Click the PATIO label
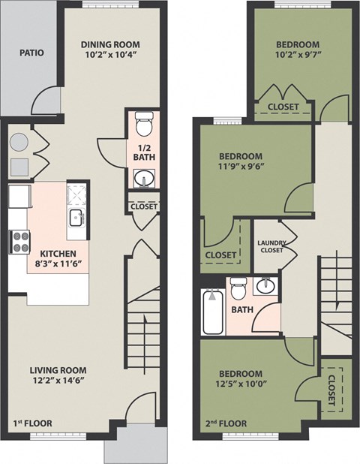pos(31,53)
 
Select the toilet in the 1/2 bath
pos(143,120)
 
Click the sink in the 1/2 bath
pos(143,179)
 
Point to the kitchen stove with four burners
pos(19,242)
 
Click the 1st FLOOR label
pos(33,423)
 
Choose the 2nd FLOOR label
pos(225,423)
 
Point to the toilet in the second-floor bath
pos(238,286)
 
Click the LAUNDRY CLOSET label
pos(270,246)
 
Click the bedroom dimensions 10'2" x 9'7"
pos(296,55)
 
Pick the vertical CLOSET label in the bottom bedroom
pos(331,388)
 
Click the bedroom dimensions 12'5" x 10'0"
pos(240,385)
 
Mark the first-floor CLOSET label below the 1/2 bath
pos(143,206)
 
